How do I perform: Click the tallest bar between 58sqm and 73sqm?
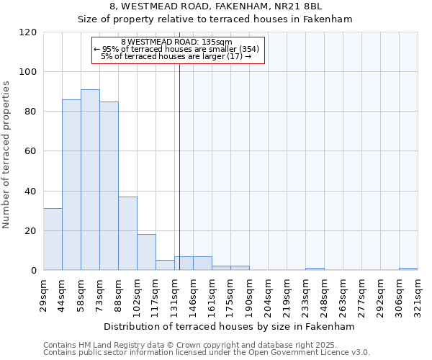[90, 180]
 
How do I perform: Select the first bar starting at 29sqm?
[53, 239]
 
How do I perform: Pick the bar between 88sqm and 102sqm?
[127, 233]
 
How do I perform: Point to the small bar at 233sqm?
[315, 269]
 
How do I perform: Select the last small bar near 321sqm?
[408, 269]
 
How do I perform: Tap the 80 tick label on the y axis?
[31, 112]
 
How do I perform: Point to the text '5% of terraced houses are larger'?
[176, 56]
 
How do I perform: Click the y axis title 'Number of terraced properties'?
[6, 155]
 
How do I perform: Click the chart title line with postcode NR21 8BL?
[215, 6]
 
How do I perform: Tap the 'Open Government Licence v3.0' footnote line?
[207, 353]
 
